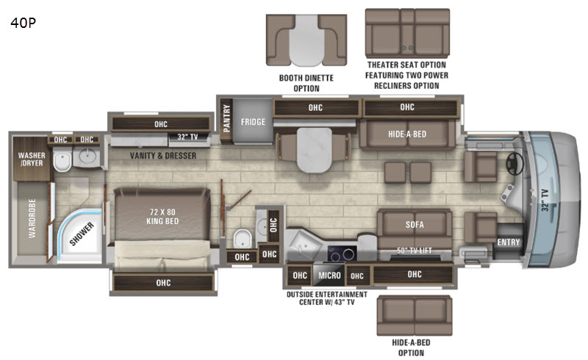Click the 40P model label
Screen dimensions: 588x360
click(x=24, y=23)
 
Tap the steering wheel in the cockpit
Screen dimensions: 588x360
click(x=515, y=164)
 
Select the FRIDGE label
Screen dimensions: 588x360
click(x=253, y=122)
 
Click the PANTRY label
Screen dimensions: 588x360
click(x=226, y=118)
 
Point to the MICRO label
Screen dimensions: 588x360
click(x=329, y=276)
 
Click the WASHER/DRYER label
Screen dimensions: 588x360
click(x=32, y=159)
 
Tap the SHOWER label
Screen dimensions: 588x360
click(x=82, y=234)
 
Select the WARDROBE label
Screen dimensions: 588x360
click(x=32, y=218)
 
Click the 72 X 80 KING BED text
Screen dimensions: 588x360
click(x=162, y=217)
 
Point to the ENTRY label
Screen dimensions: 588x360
click(x=509, y=242)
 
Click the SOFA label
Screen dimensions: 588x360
click(x=415, y=225)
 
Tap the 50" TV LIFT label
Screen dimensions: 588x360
click(x=415, y=250)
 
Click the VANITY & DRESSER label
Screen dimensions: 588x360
click(x=163, y=156)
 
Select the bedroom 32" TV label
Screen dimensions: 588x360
click(x=187, y=137)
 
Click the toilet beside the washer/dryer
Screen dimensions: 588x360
click(x=62, y=160)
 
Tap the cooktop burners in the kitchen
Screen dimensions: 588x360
click(x=343, y=254)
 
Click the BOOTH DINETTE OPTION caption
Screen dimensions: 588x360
click(x=306, y=83)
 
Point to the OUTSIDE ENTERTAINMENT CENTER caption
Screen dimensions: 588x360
click(x=327, y=298)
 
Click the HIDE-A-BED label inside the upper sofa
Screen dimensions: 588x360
click(x=407, y=134)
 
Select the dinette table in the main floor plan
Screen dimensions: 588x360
click(x=315, y=150)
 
